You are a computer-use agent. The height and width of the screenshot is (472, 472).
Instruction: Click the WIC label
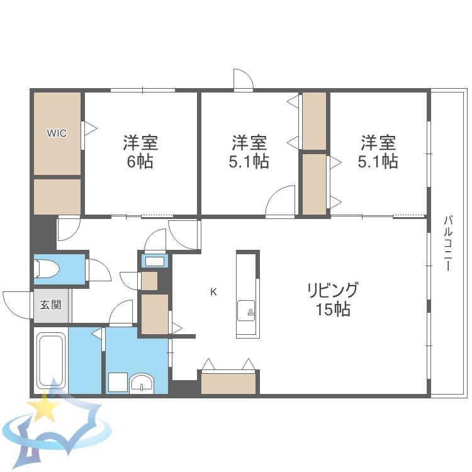[57, 133]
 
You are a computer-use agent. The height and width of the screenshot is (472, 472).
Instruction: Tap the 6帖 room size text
[140, 162]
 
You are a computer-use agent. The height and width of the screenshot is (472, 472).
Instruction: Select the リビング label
[333, 291]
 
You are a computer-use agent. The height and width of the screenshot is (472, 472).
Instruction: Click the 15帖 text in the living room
[333, 309]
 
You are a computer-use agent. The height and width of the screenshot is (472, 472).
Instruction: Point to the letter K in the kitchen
[213, 291]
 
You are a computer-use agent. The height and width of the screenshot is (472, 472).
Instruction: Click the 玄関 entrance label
[51, 305]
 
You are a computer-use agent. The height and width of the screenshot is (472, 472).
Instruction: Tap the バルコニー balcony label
[448, 243]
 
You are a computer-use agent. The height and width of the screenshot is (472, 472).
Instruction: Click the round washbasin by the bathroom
[142, 383]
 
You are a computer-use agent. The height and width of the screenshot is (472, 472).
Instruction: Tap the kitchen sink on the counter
[246, 311]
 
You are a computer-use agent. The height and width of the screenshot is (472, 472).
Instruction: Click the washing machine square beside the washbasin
[118, 382]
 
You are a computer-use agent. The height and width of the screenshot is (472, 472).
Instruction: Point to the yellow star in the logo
[45, 407]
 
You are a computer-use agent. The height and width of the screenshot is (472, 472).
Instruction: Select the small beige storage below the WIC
[57, 196]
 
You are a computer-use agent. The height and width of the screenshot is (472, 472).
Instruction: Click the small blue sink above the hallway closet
[155, 261]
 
